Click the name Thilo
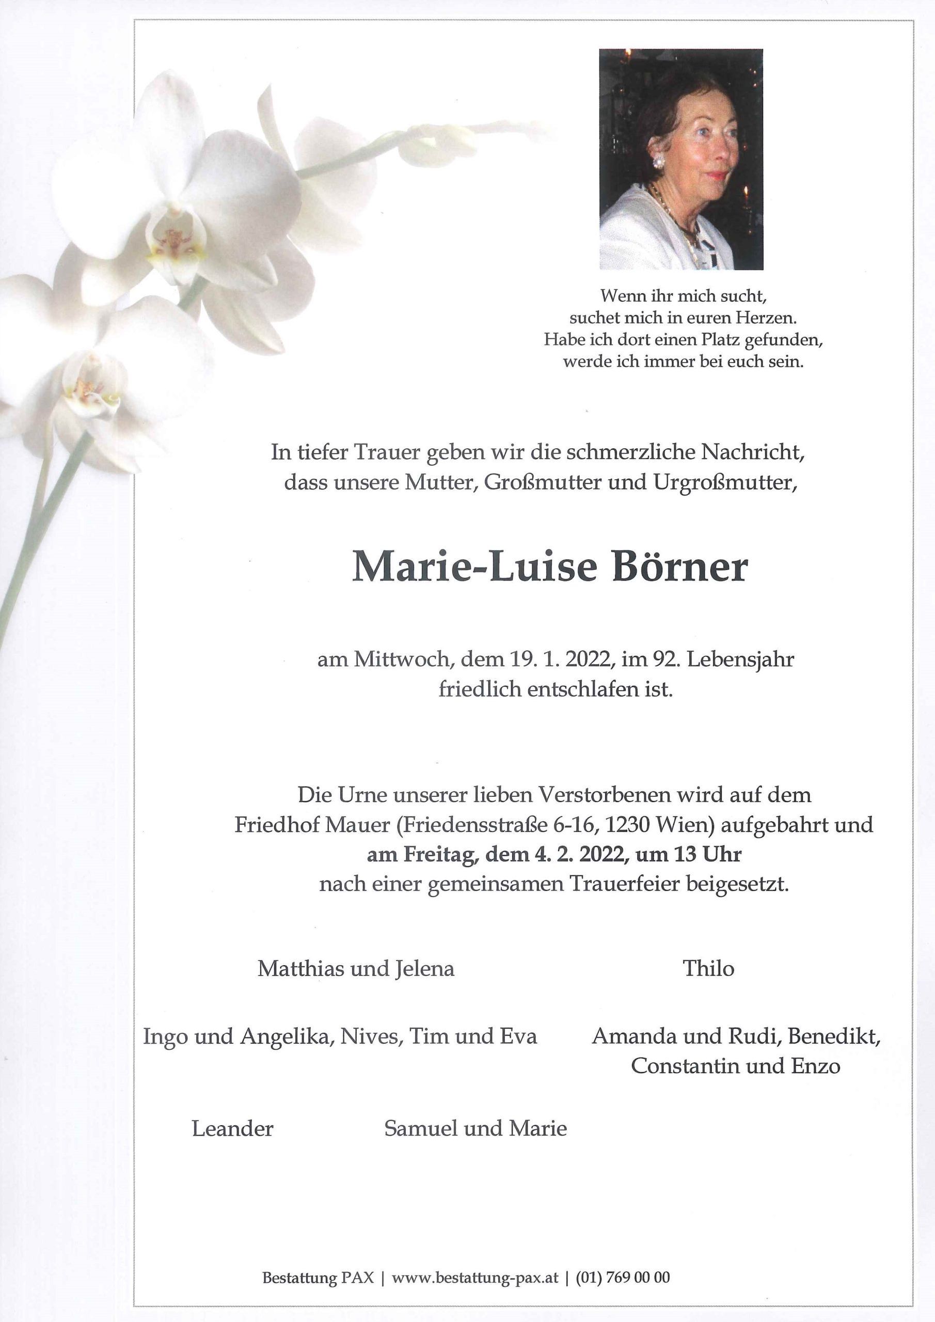(x=708, y=968)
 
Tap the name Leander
(x=233, y=1128)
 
